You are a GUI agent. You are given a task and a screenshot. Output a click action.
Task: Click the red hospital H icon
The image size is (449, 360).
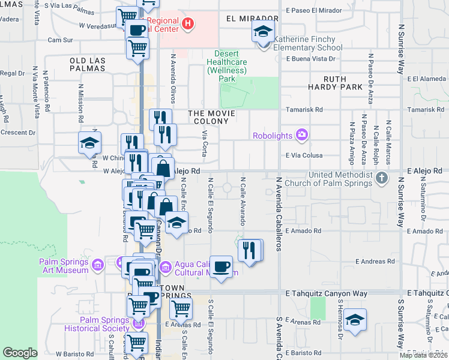pos(188,24)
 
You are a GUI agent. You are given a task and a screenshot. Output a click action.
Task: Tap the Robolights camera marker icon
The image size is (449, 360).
pos(302,135)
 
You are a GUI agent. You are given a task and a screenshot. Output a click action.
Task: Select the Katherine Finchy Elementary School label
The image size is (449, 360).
pos(308,44)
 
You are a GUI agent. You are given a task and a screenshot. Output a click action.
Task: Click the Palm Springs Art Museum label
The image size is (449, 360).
pos(64,266)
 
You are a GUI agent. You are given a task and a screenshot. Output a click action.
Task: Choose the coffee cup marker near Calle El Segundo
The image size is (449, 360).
pos(221,266)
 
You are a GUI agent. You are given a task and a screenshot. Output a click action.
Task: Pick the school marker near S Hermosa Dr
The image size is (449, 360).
pos(355,320)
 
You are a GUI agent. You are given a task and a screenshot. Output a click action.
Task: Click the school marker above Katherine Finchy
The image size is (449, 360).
pos(262,31)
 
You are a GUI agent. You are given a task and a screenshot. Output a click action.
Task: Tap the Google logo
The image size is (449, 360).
pos(20,353)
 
